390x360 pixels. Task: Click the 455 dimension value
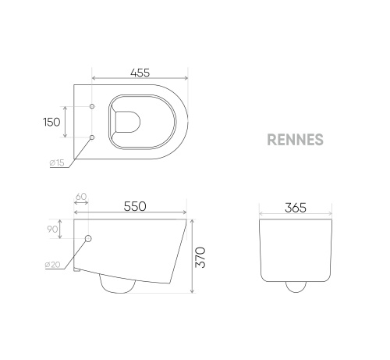click(x=140, y=73)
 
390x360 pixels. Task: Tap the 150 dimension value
click(x=51, y=121)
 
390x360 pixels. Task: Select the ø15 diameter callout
click(x=56, y=162)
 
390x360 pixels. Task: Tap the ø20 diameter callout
click(x=54, y=266)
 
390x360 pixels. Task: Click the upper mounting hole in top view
click(x=93, y=105)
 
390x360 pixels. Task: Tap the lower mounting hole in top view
click(x=93, y=137)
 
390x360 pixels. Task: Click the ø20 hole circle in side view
click(x=88, y=238)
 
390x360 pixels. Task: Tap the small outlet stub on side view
click(x=77, y=270)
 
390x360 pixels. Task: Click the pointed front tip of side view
click(x=185, y=222)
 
